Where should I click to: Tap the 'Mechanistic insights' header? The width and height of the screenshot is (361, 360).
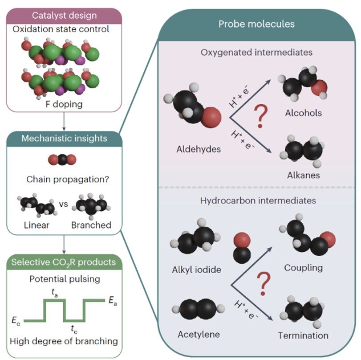[x=64, y=138]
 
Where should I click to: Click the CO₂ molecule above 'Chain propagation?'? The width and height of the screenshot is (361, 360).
[x=64, y=160]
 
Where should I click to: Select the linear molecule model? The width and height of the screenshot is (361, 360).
[x=37, y=206]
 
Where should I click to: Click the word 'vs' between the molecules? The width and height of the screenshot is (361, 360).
[x=63, y=205]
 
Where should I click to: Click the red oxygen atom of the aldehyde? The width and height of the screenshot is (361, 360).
[x=213, y=118]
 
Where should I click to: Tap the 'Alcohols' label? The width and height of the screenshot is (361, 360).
[x=303, y=113]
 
